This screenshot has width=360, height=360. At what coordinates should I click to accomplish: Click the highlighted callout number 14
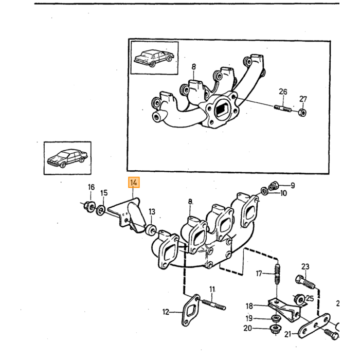134,183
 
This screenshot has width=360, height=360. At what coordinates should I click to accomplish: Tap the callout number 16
91,187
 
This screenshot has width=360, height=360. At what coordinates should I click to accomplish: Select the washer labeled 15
101,210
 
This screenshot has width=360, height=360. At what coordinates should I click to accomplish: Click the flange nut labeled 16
89,206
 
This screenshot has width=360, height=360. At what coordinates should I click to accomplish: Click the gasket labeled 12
190,311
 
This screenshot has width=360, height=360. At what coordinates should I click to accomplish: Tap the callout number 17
259,274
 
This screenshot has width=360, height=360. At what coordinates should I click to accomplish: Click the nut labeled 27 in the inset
302,113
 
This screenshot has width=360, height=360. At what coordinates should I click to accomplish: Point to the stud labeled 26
282,107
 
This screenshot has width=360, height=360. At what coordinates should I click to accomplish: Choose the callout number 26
283,92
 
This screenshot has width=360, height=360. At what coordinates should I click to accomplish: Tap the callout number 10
283,193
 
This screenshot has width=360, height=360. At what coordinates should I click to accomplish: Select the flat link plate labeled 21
314,326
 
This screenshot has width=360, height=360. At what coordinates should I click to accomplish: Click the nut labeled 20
275,329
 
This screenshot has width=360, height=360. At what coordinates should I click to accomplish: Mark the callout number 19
249,318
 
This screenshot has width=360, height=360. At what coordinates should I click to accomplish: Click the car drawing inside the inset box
154,58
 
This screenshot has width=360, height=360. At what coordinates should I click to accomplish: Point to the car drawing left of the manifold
67,158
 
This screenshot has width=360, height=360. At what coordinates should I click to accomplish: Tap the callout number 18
249,306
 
